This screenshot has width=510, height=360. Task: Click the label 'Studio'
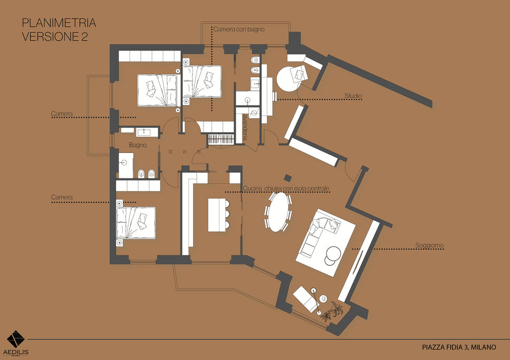[353, 96]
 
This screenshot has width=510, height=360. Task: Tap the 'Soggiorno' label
[429, 246]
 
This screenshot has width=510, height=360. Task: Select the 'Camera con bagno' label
[239, 29]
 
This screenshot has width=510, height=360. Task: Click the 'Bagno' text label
[137, 145]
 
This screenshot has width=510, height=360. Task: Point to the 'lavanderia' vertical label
[245, 126]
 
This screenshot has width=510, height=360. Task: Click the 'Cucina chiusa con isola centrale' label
[286, 189]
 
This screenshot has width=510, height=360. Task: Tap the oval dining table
[279, 212]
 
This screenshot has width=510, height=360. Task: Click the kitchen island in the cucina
[217, 215]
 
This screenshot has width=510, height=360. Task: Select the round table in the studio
[288, 80]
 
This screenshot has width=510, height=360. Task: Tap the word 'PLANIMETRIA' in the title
[59, 23]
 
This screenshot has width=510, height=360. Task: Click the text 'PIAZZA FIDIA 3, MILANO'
[459, 348]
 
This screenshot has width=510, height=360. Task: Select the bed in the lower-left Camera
[136, 223]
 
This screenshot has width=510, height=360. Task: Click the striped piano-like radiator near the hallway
[221, 139]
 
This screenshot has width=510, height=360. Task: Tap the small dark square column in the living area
[287, 177]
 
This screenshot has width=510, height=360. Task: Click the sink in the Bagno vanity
[144, 132]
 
